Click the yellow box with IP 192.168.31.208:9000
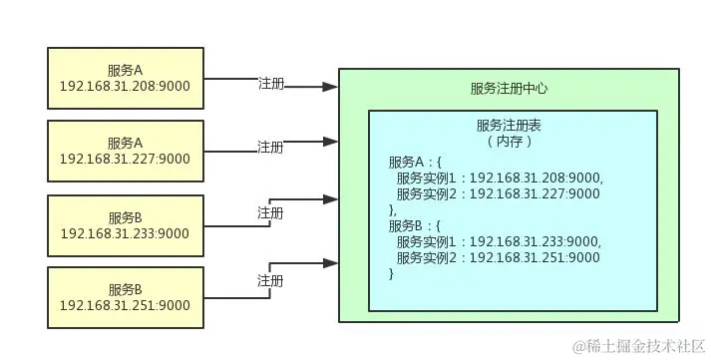[x=125, y=78]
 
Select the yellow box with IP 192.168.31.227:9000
[x=125, y=151]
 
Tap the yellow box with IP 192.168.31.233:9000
[x=125, y=224]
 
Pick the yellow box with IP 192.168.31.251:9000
[x=125, y=297]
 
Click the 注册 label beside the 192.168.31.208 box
[x=270, y=85]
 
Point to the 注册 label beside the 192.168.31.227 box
[x=270, y=147]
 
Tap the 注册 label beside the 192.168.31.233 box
[x=270, y=212]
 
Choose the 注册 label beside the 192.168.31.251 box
[x=270, y=279]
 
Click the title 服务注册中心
[x=509, y=89]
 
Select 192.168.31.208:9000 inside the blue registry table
[x=535, y=178]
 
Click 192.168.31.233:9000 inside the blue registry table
[x=535, y=242]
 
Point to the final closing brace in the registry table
[x=392, y=274]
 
